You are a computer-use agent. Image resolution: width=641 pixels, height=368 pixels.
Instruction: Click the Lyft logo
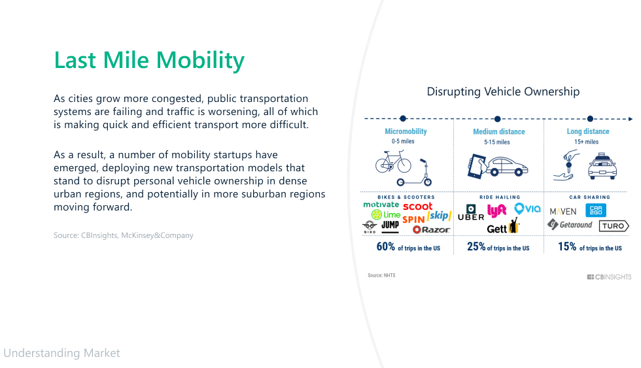pos(496,210)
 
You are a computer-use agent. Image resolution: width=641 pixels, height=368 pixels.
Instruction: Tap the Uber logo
pos(471,213)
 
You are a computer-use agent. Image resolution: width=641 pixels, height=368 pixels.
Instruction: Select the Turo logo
pos(614,226)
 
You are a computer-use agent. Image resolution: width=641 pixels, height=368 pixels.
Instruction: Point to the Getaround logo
pos(570,225)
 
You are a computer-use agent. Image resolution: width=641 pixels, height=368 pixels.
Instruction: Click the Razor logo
pos(431,229)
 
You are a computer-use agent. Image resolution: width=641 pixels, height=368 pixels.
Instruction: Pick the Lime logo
pos(386,214)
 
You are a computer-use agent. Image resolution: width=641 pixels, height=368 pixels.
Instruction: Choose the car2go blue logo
pos(596,210)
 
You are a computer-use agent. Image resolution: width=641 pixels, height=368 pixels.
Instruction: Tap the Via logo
pos(527,209)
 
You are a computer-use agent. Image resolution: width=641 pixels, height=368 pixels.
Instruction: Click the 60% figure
pos(386,246)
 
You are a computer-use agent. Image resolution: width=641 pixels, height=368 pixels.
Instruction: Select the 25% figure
pos(476,246)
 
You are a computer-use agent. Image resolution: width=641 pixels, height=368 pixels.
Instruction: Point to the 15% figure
pos(567,246)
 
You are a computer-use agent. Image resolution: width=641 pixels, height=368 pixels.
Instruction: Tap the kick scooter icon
pos(415,173)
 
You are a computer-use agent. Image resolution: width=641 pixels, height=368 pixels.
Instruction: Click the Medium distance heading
pos(498,131)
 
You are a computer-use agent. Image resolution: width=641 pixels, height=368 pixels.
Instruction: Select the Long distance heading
pos(588,131)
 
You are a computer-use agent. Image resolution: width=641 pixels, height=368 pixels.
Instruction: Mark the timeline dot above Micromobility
pos(403,118)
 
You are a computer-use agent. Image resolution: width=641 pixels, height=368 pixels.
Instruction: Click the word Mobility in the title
pos(200,61)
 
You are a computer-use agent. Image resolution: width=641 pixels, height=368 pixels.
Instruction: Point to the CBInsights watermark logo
pos(609,277)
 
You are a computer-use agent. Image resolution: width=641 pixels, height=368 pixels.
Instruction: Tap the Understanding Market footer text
pos(61,353)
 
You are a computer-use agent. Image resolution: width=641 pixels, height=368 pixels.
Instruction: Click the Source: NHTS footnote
pos(381,275)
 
